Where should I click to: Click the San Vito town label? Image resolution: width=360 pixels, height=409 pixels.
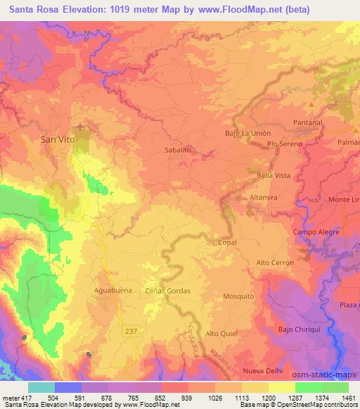coord(58,139)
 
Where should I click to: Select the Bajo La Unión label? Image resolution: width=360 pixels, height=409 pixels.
coord(247,133)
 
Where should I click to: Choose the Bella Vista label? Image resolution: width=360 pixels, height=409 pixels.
coord(274,174)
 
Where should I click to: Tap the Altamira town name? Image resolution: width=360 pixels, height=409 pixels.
coord(264,198)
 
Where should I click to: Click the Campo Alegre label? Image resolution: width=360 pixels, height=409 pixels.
coord(316,232)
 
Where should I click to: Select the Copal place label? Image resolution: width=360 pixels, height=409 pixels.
coord(227,242)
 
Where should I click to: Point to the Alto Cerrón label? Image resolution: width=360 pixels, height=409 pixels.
coord(274,261)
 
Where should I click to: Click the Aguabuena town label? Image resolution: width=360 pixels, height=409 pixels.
coord(112,290)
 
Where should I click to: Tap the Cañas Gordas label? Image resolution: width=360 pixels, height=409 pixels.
coord(167,290)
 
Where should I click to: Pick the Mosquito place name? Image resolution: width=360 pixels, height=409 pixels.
coord(238,297)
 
